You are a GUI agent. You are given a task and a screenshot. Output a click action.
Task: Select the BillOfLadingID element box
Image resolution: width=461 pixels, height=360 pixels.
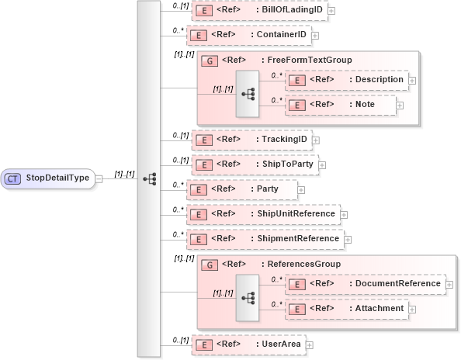[259, 11]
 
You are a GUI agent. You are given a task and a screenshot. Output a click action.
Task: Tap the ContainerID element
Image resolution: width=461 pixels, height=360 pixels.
[250, 36]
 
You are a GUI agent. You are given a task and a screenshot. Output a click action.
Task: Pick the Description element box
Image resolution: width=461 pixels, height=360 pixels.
[346, 79]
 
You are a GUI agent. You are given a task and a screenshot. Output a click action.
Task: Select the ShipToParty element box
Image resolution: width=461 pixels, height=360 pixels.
[254, 164]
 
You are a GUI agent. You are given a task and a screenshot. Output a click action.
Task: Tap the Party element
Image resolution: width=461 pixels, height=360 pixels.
[242, 189]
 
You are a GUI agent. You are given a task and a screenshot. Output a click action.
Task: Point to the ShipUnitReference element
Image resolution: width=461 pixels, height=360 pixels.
[265, 213]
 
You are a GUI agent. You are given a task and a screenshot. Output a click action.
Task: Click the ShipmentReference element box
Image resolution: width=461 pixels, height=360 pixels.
[266, 238]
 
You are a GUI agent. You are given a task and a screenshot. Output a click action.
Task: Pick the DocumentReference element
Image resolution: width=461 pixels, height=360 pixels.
[366, 284]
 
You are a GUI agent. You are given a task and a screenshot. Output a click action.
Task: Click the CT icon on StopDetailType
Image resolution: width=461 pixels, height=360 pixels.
[13, 178]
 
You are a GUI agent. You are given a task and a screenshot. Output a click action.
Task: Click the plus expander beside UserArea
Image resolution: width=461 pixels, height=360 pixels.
[309, 344]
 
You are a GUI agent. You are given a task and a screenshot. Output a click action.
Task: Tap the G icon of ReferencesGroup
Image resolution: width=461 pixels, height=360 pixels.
[208, 264]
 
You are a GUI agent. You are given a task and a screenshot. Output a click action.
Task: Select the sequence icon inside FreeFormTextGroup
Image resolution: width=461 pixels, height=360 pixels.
[248, 93]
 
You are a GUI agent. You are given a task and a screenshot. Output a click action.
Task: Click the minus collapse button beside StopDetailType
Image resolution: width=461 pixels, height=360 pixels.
[98, 179]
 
